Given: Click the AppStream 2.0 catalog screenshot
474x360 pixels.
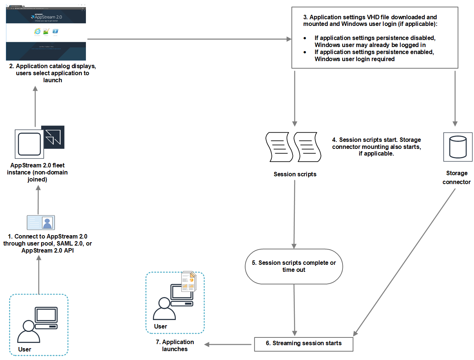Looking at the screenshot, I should coord(46,33).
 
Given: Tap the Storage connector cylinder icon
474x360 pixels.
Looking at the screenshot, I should coord(458,147).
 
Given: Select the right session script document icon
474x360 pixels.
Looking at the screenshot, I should coord(307,147).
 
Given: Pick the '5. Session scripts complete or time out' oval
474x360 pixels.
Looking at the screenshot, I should coord(294,266).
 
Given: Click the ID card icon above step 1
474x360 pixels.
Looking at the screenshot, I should coord(41,223).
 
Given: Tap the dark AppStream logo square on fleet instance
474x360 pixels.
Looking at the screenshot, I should coord(53,137).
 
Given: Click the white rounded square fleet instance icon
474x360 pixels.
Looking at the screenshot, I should coord(29,144).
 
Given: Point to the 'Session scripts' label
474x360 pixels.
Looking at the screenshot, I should coord(295,174).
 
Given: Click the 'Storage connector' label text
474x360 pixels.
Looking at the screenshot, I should coord(457,177).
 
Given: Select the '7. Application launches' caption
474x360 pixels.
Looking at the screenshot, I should coord(175,345).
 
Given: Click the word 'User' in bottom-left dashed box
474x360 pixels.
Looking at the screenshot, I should coord(24,349).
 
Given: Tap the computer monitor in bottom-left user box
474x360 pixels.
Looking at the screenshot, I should coord(46,315).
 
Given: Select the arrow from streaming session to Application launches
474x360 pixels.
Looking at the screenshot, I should coord(227,344).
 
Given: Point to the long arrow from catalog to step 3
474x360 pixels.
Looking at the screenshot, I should coord(189,39).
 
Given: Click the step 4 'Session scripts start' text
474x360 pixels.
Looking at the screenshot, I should coord(376,147).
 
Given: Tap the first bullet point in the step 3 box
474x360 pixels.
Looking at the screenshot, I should coord(305,38).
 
